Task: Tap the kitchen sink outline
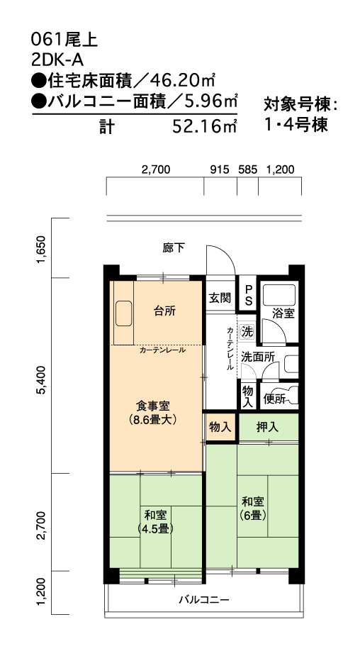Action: click(x=124, y=313)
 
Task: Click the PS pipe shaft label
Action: click(x=248, y=296)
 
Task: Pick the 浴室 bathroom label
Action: click(x=283, y=313)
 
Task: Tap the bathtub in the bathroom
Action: click(x=279, y=295)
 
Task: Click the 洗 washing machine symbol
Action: click(x=247, y=332)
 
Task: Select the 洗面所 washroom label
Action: click(x=257, y=357)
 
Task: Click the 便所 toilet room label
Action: click(x=274, y=399)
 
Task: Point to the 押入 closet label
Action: click(x=268, y=427)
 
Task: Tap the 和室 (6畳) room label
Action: click(x=253, y=508)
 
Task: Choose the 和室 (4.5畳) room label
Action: click(x=155, y=521)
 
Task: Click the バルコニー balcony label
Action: click(x=204, y=600)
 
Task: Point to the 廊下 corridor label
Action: click(x=174, y=248)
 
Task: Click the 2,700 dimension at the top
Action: click(x=155, y=169)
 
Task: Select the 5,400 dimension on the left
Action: click(x=42, y=380)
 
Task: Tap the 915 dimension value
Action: click(x=220, y=169)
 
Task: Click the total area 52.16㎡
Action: click(x=205, y=126)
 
